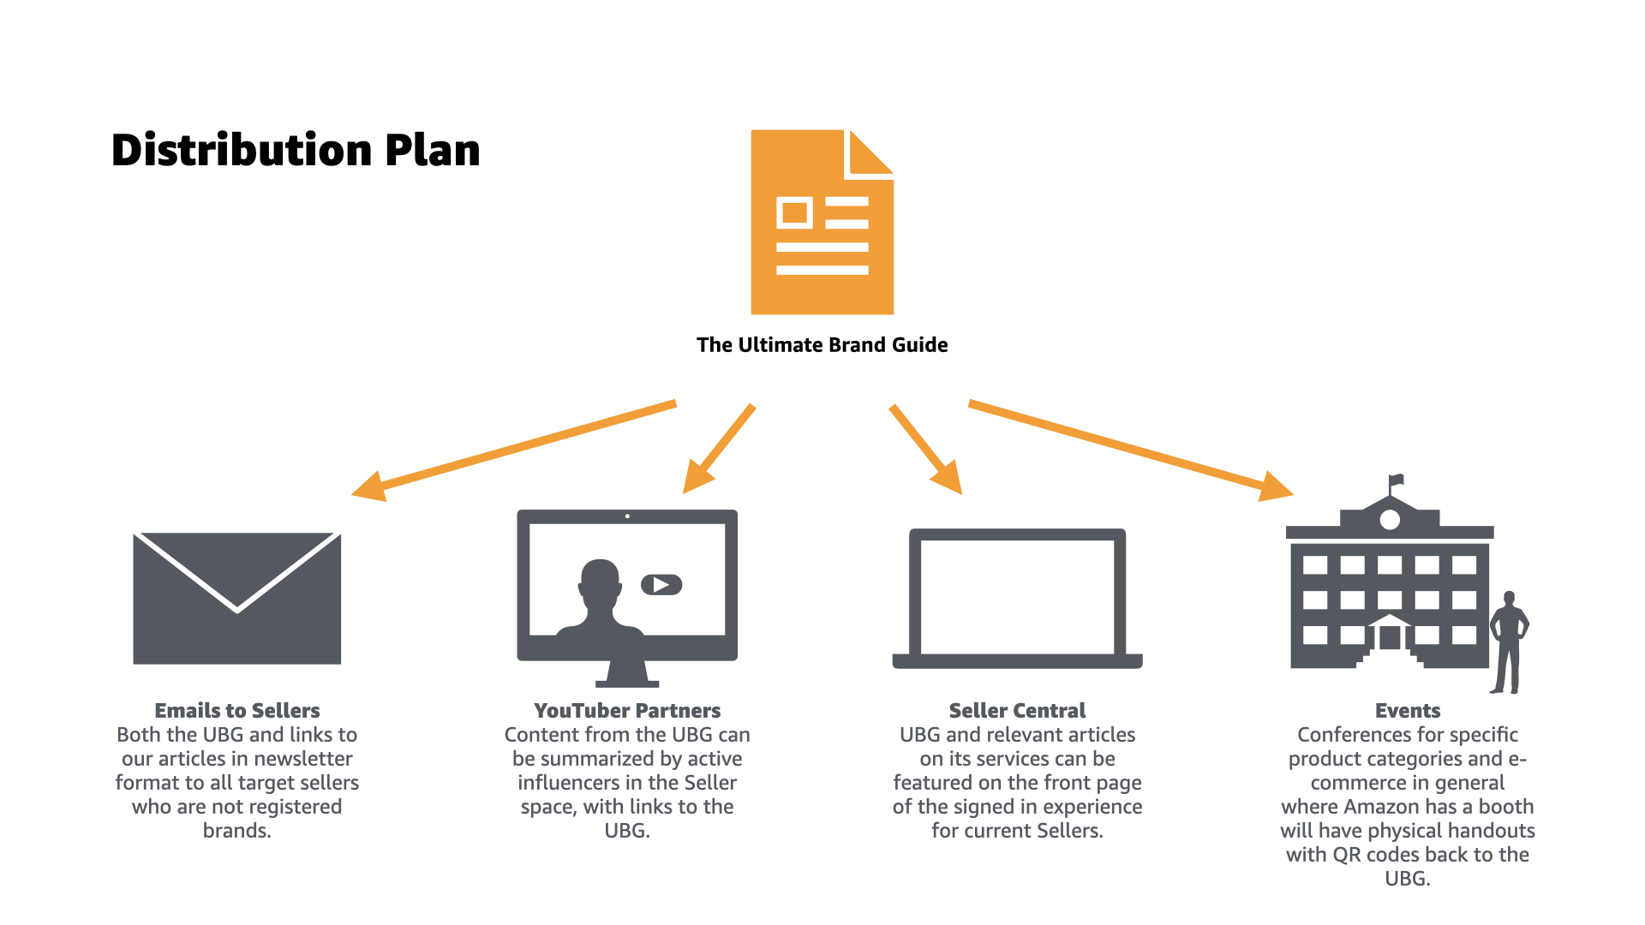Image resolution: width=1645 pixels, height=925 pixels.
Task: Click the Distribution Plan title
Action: [296, 151]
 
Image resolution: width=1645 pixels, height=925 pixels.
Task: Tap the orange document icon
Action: [822, 223]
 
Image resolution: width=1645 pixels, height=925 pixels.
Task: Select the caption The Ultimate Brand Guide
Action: [822, 345]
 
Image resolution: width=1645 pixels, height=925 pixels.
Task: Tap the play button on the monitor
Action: [661, 585]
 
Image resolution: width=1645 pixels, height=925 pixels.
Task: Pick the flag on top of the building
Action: [1397, 480]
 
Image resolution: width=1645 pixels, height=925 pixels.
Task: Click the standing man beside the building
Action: [1508, 642]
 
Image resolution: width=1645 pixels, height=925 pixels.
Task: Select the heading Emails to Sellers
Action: [236, 711]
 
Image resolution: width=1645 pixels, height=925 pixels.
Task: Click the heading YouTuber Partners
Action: [626, 711]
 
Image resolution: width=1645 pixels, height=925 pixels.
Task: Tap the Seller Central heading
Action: [1017, 711]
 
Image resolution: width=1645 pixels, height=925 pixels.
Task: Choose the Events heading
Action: [1407, 711]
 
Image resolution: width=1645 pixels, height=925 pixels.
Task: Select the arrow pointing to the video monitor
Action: [720, 448]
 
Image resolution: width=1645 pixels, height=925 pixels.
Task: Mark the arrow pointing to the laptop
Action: [925, 448]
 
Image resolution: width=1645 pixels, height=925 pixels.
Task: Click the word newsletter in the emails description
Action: [304, 759]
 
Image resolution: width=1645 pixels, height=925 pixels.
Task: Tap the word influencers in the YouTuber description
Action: [580, 783]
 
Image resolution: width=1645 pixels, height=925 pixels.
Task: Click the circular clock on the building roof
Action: [1390, 520]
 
